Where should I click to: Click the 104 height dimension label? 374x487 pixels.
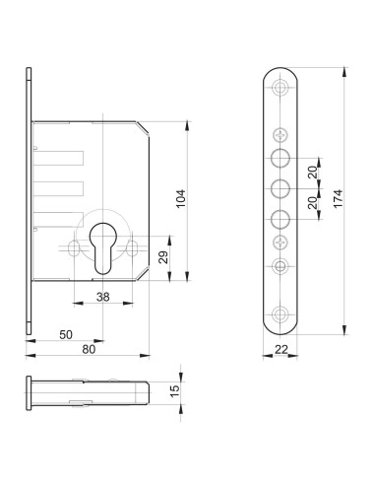(x=181, y=198)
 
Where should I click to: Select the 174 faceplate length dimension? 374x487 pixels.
(x=338, y=198)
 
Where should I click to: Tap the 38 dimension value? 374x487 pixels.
(x=103, y=297)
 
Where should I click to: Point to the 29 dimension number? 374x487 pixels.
(x=163, y=257)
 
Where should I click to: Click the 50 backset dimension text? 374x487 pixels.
(x=66, y=334)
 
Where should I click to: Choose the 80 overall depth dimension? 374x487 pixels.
(x=89, y=349)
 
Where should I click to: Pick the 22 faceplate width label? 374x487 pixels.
(x=281, y=349)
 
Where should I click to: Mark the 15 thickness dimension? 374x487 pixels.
(x=175, y=390)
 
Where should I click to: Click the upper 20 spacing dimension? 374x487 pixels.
(x=313, y=173)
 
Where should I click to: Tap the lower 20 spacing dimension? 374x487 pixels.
(x=313, y=203)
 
